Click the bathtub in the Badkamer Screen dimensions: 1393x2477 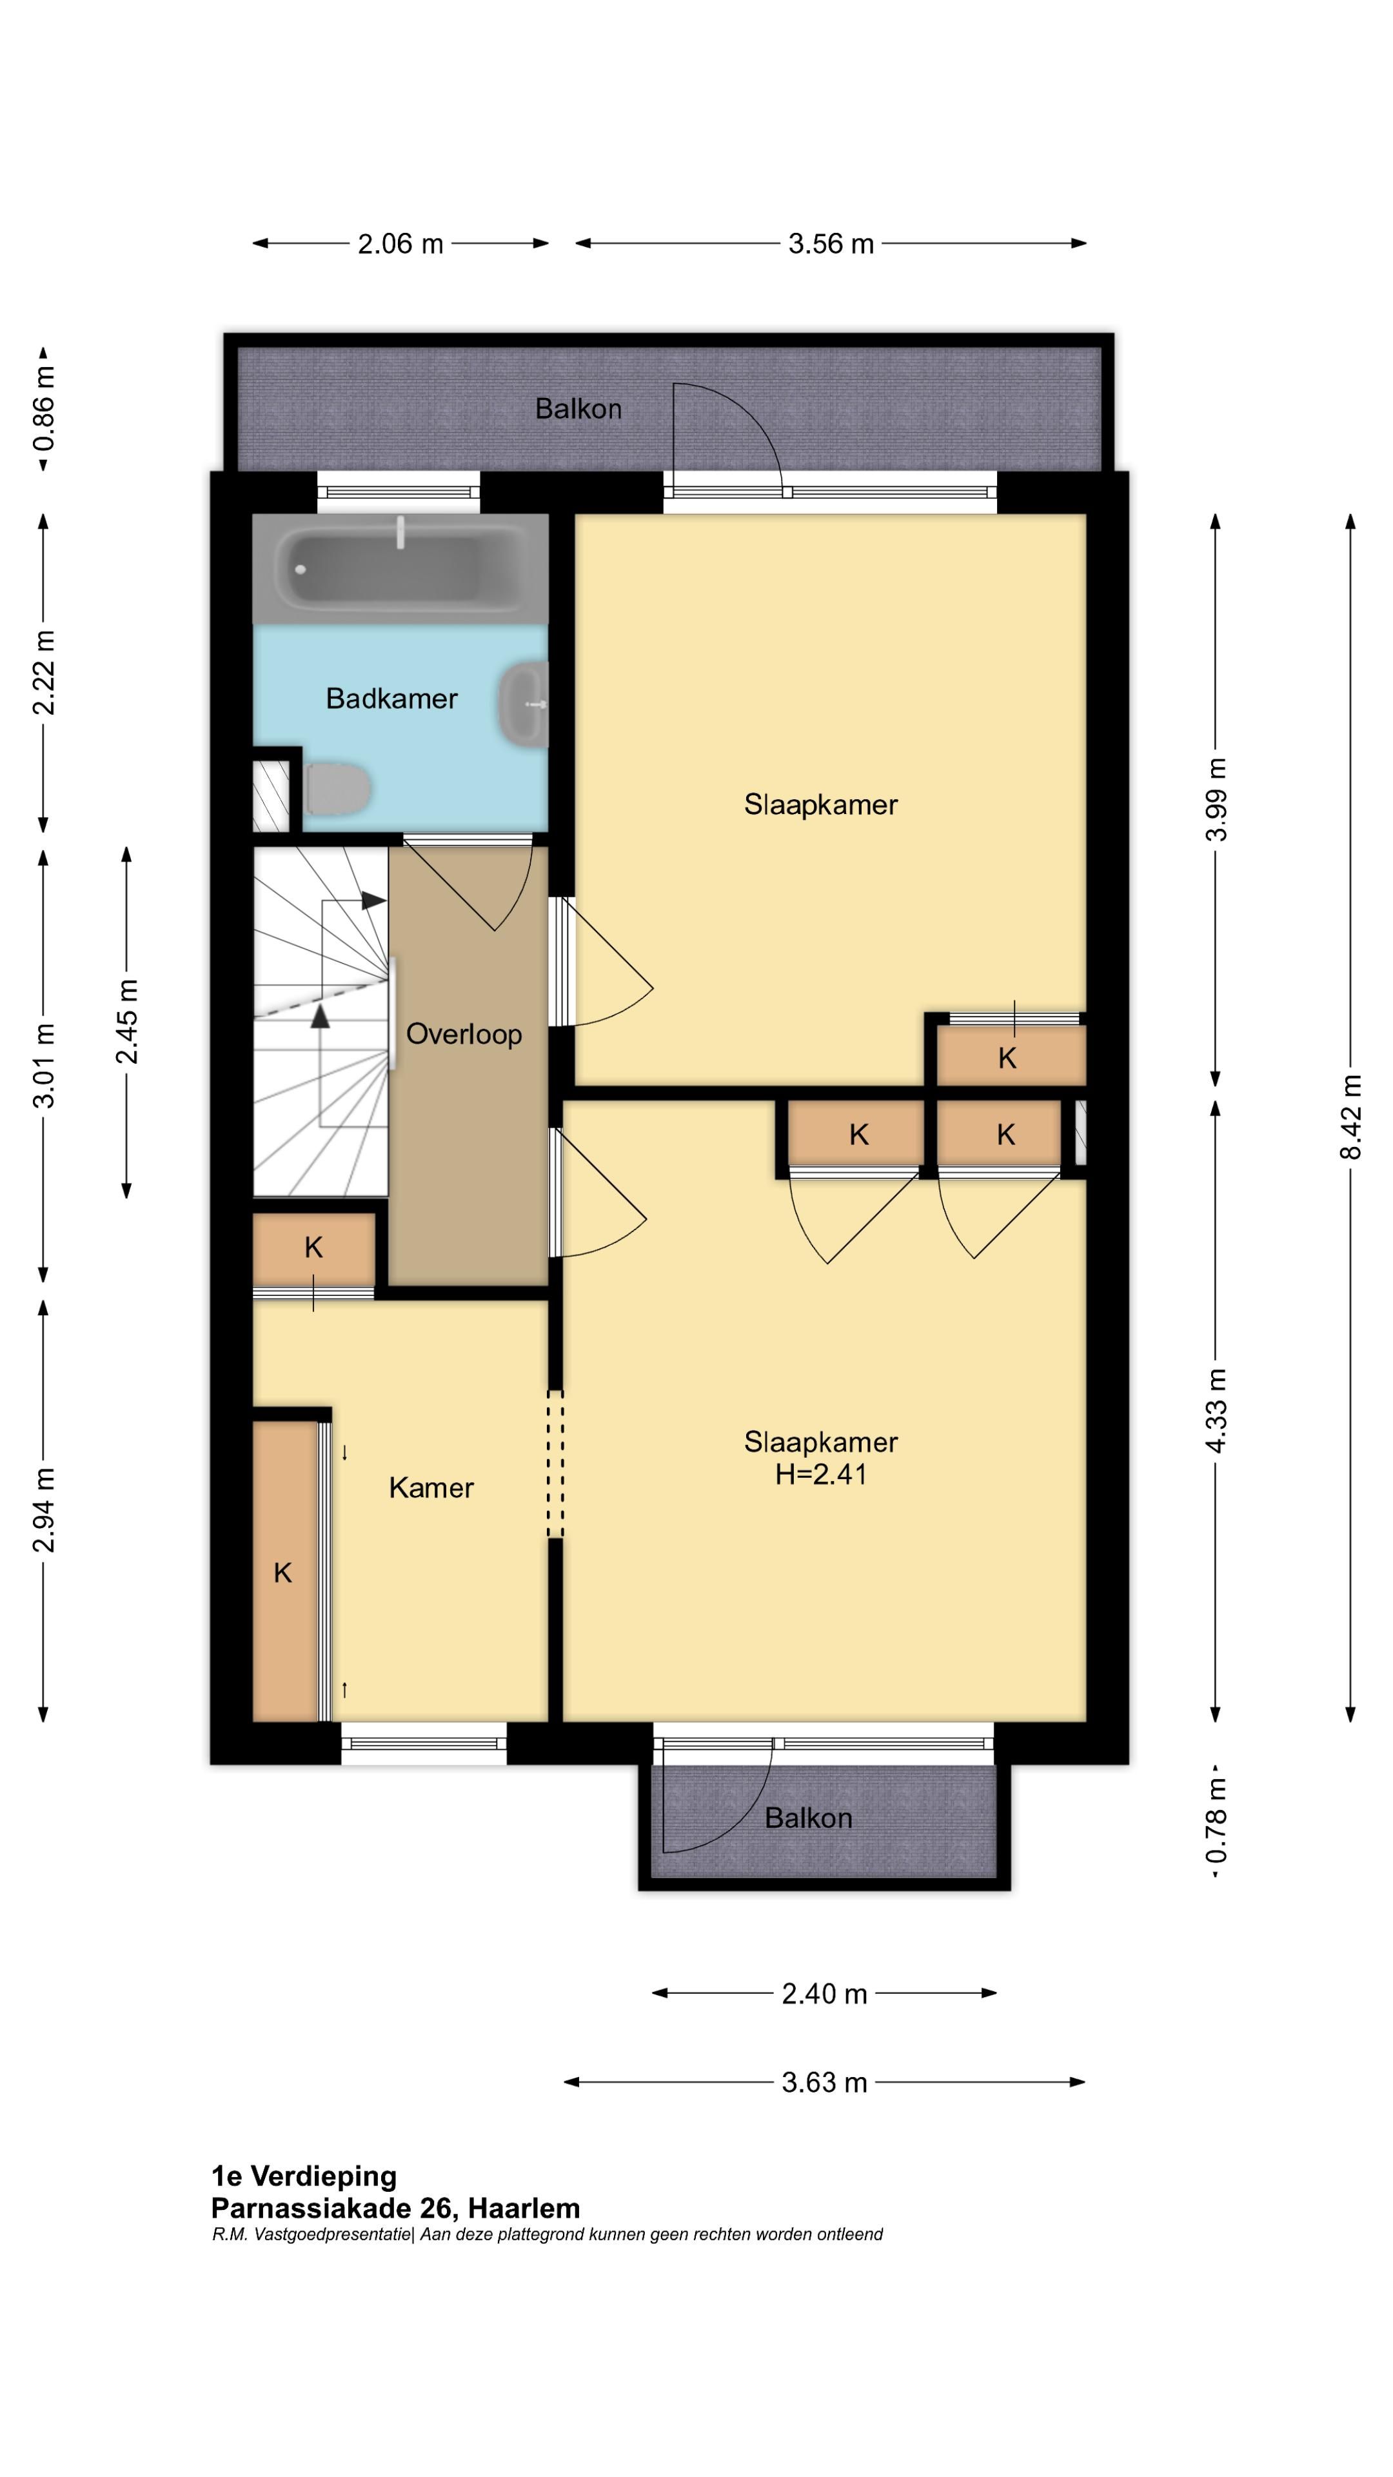click(x=400, y=568)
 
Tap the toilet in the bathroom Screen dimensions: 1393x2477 click(x=337, y=788)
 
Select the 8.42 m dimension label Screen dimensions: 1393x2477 click(x=1350, y=1117)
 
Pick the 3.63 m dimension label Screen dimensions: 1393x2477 click(x=824, y=2083)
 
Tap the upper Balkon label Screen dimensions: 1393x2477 click(x=578, y=409)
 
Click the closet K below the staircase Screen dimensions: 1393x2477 click(x=313, y=1248)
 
